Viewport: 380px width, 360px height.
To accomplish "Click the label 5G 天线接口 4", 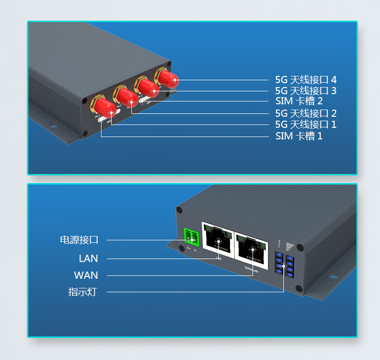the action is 305,79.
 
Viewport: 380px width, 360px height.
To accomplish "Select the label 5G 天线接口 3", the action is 305,90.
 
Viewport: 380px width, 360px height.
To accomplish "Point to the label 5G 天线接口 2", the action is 305,113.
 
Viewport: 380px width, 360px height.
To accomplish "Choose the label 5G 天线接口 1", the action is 305,124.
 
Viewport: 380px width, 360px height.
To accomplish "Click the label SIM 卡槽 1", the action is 299,136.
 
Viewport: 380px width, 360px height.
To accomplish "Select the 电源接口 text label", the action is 79,239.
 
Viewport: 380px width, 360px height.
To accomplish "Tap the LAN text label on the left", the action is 89,259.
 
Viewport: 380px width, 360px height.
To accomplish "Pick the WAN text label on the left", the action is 86,275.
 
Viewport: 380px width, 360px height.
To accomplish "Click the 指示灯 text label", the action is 83,292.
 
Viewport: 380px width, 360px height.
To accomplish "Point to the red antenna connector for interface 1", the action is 104,107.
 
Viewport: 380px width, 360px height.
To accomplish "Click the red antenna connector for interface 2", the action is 126,97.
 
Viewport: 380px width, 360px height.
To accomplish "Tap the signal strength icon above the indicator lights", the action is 289,247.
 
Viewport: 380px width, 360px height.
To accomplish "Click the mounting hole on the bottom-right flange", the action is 333,277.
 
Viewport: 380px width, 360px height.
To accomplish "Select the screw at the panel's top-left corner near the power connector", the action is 179,210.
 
